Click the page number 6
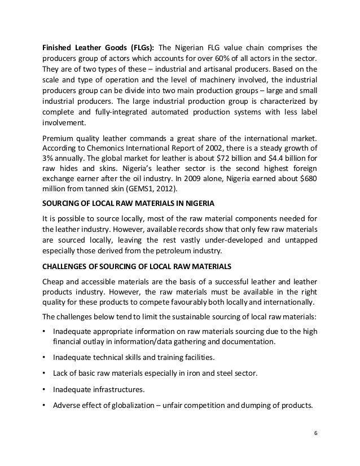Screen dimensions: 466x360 [315, 433]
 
